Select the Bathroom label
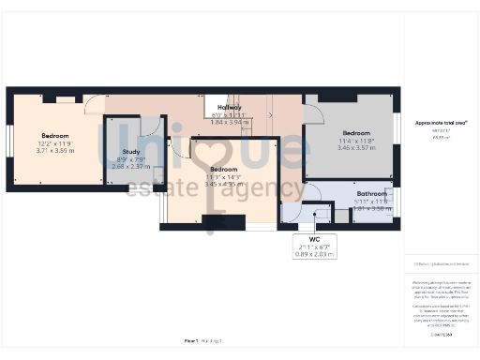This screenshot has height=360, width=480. coord(371,194)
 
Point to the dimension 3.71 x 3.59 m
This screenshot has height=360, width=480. coord(54,150)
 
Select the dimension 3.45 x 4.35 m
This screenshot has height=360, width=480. coord(223,184)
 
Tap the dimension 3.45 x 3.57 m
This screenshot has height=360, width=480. coord(356,148)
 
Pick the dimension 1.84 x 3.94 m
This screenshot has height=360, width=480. coord(230,122)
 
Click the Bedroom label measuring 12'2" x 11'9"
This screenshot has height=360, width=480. coord(53,135)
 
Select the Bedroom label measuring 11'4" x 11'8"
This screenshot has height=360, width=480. coord(356,132)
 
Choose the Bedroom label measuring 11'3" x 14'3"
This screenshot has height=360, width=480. coord(223,169)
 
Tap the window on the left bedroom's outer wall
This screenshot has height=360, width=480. coord(9,141)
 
